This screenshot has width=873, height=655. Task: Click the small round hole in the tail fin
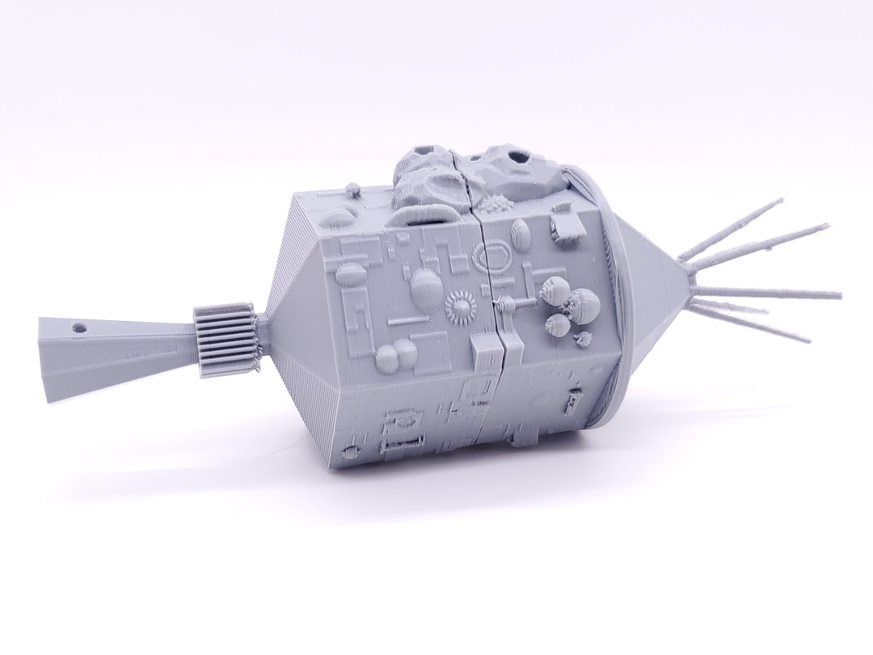pos(79,330)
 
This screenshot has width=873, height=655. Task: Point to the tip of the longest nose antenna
pos(839,294)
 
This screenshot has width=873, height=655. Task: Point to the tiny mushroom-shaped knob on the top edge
pos(352,190)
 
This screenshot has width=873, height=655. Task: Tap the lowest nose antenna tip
pos(808,340)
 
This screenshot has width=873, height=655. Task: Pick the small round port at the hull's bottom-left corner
pos(352,449)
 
